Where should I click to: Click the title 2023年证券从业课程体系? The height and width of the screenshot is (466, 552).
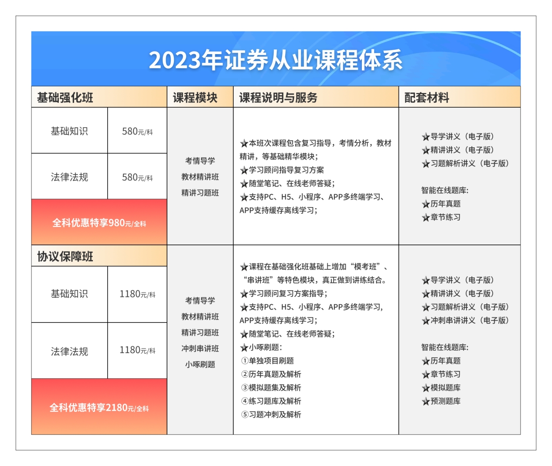tap(276, 60)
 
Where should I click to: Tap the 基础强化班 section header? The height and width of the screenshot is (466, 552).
tap(65, 98)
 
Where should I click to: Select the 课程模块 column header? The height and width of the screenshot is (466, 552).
tap(195, 98)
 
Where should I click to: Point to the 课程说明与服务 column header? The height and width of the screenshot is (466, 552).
tap(278, 98)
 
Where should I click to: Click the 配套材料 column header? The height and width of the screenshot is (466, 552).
tap(426, 98)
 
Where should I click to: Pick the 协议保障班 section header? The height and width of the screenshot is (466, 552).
tap(65, 256)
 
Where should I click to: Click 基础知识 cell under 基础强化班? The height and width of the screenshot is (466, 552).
tap(69, 131)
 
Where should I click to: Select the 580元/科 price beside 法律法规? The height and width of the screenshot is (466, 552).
tap(137, 177)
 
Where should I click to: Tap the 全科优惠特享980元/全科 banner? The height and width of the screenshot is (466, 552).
tap(99, 223)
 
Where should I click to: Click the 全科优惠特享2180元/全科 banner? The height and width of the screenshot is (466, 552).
tap(99, 408)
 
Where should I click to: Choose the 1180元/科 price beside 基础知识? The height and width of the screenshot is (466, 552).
tap(137, 294)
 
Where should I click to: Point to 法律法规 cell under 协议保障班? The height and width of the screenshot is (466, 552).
tap(69, 351)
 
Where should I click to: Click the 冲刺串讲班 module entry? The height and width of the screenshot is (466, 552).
tap(200, 348)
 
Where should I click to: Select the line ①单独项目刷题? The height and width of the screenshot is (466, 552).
tap(268, 361)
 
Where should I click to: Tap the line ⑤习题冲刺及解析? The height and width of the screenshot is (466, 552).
tap(271, 415)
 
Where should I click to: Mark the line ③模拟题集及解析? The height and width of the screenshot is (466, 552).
tap(271, 388)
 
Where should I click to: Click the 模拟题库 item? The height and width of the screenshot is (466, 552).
tap(441, 388)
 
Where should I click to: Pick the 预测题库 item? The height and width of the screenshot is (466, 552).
tap(441, 401)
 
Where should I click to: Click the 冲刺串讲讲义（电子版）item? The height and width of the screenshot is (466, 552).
tap(465, 320)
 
